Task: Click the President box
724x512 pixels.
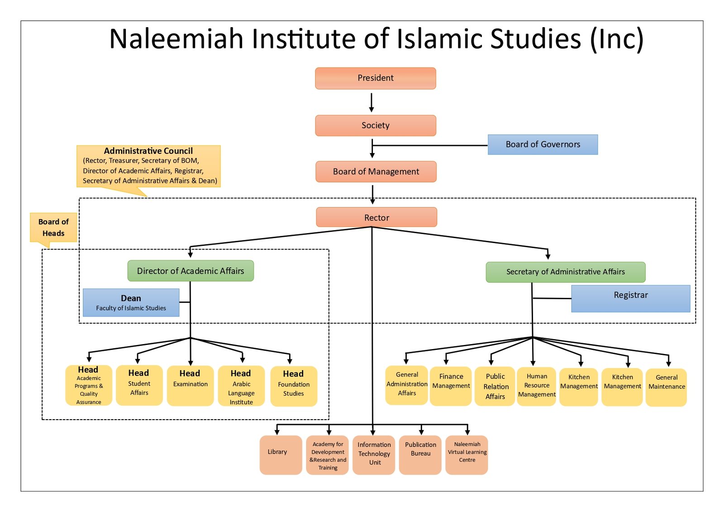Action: (376, 78)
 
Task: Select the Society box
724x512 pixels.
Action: (376, 125)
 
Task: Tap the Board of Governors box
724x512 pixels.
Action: (543, 144)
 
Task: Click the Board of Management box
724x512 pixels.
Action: (376, 172)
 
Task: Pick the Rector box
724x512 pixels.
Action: (376, 217)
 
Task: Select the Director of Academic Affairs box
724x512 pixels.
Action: (191, 271)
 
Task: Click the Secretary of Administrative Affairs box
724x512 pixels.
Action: (565, 272)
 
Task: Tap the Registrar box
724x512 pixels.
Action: (630, 298)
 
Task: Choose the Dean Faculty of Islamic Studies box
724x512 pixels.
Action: (131, 302)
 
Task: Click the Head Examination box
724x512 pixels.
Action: (190, 385)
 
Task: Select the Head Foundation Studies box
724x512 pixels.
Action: (293, 386)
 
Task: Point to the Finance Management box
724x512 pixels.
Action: (451, 386)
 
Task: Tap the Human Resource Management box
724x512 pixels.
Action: (537, 386)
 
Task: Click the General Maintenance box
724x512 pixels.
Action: (666, 387)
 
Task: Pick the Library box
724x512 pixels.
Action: (281, 455)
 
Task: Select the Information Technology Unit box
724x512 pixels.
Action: (374, 455)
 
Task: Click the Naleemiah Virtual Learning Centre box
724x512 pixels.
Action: (467, 455)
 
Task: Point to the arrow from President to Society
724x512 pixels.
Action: (372, 102)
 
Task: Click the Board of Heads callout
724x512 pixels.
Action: (53, 227)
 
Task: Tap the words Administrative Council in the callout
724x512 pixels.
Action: (148, 151)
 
